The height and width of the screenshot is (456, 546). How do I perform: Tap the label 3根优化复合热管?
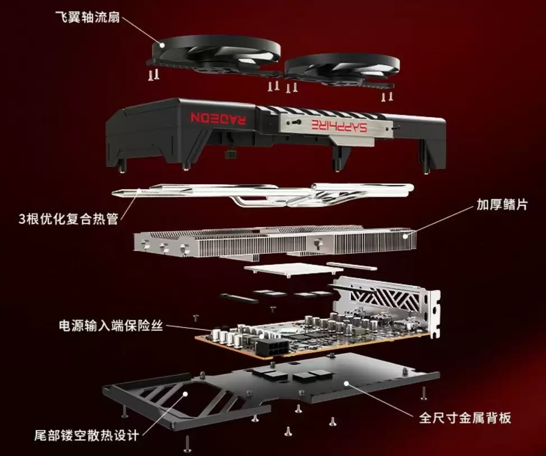[68, 218]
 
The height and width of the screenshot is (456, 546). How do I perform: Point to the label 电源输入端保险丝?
[110, 325]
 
